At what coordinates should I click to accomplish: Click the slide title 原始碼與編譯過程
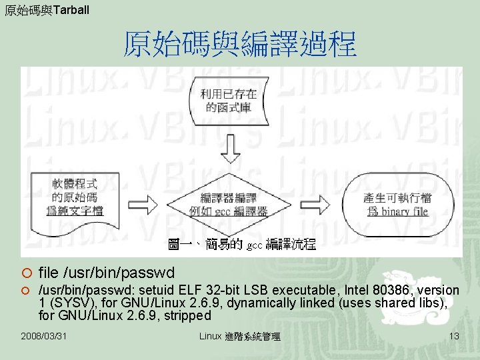(240, 46)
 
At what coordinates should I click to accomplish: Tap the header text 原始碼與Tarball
(46, 10)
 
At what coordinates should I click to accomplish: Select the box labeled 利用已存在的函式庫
(229, 101)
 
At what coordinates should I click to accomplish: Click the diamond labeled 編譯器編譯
(229, 204)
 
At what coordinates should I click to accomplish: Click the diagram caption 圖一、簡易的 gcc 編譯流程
(241, 245)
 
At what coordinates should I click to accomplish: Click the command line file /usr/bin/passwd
(107, 273)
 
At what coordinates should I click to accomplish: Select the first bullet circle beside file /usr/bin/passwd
(25, 273)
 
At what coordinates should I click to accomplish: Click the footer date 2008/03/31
(45, 336)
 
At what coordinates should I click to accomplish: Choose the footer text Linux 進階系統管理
(240, 336)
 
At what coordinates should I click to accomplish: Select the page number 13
(453, 336)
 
